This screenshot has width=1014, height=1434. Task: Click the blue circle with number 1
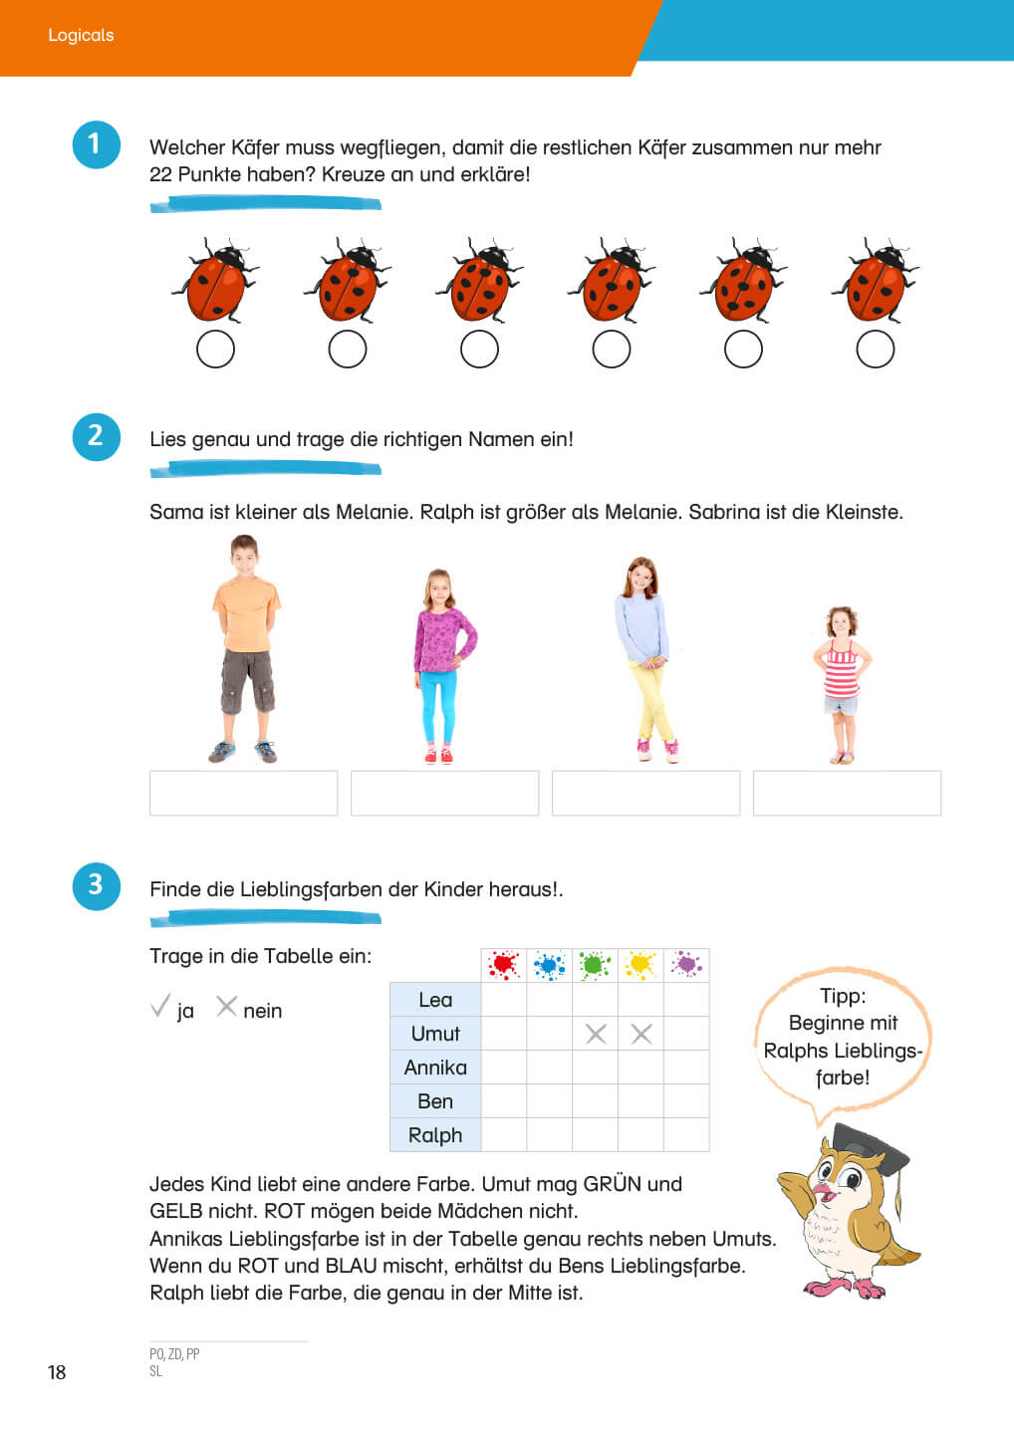96,144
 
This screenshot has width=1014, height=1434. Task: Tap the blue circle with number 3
96,886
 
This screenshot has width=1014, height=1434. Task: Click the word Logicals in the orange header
81,35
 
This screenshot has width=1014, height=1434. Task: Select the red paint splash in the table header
504,965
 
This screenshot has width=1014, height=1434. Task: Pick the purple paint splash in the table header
686,964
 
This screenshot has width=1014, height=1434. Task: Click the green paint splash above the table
595,965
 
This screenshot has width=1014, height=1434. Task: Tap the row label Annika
435,1068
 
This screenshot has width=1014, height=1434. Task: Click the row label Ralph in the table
435,1135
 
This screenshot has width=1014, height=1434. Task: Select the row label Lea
435,1000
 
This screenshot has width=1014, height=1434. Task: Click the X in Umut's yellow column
640,1034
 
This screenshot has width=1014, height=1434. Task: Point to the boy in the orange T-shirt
246,648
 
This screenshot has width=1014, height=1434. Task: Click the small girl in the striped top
842,685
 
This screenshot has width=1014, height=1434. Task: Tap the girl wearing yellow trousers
646,659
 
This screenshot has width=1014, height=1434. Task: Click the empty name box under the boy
243,793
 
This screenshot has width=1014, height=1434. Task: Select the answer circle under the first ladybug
216,349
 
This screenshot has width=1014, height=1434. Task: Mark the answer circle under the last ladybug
876,349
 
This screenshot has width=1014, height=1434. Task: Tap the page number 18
57,1372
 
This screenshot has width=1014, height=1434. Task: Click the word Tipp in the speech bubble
843,996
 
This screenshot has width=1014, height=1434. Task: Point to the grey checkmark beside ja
160,1006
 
